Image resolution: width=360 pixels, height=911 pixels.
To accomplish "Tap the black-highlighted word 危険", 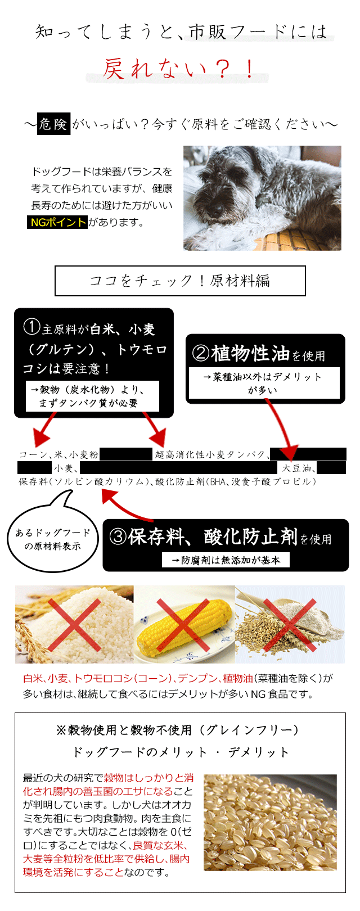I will point(53,124).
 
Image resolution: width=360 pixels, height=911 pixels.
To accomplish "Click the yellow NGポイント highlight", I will point(58,222).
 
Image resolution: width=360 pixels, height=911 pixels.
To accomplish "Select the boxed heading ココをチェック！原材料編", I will point(180,281).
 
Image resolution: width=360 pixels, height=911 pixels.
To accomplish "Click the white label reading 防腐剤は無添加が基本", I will point(226,560).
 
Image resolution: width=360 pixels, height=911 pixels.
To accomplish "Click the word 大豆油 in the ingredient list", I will point(297,468).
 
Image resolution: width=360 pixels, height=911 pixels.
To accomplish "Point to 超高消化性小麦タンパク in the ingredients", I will point(210,454).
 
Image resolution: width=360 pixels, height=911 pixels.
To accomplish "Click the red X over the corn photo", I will point(183,624).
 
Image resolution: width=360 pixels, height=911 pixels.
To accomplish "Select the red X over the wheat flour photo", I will point(290,624).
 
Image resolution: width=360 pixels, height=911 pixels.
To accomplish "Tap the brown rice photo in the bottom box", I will point(270,822).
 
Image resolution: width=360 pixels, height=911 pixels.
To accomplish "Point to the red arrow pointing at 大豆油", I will point(278,425).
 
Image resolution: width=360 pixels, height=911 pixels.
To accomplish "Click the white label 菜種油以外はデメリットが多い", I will point(263,383).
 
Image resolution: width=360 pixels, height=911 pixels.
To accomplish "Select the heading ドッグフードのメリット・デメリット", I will point(180,752).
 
